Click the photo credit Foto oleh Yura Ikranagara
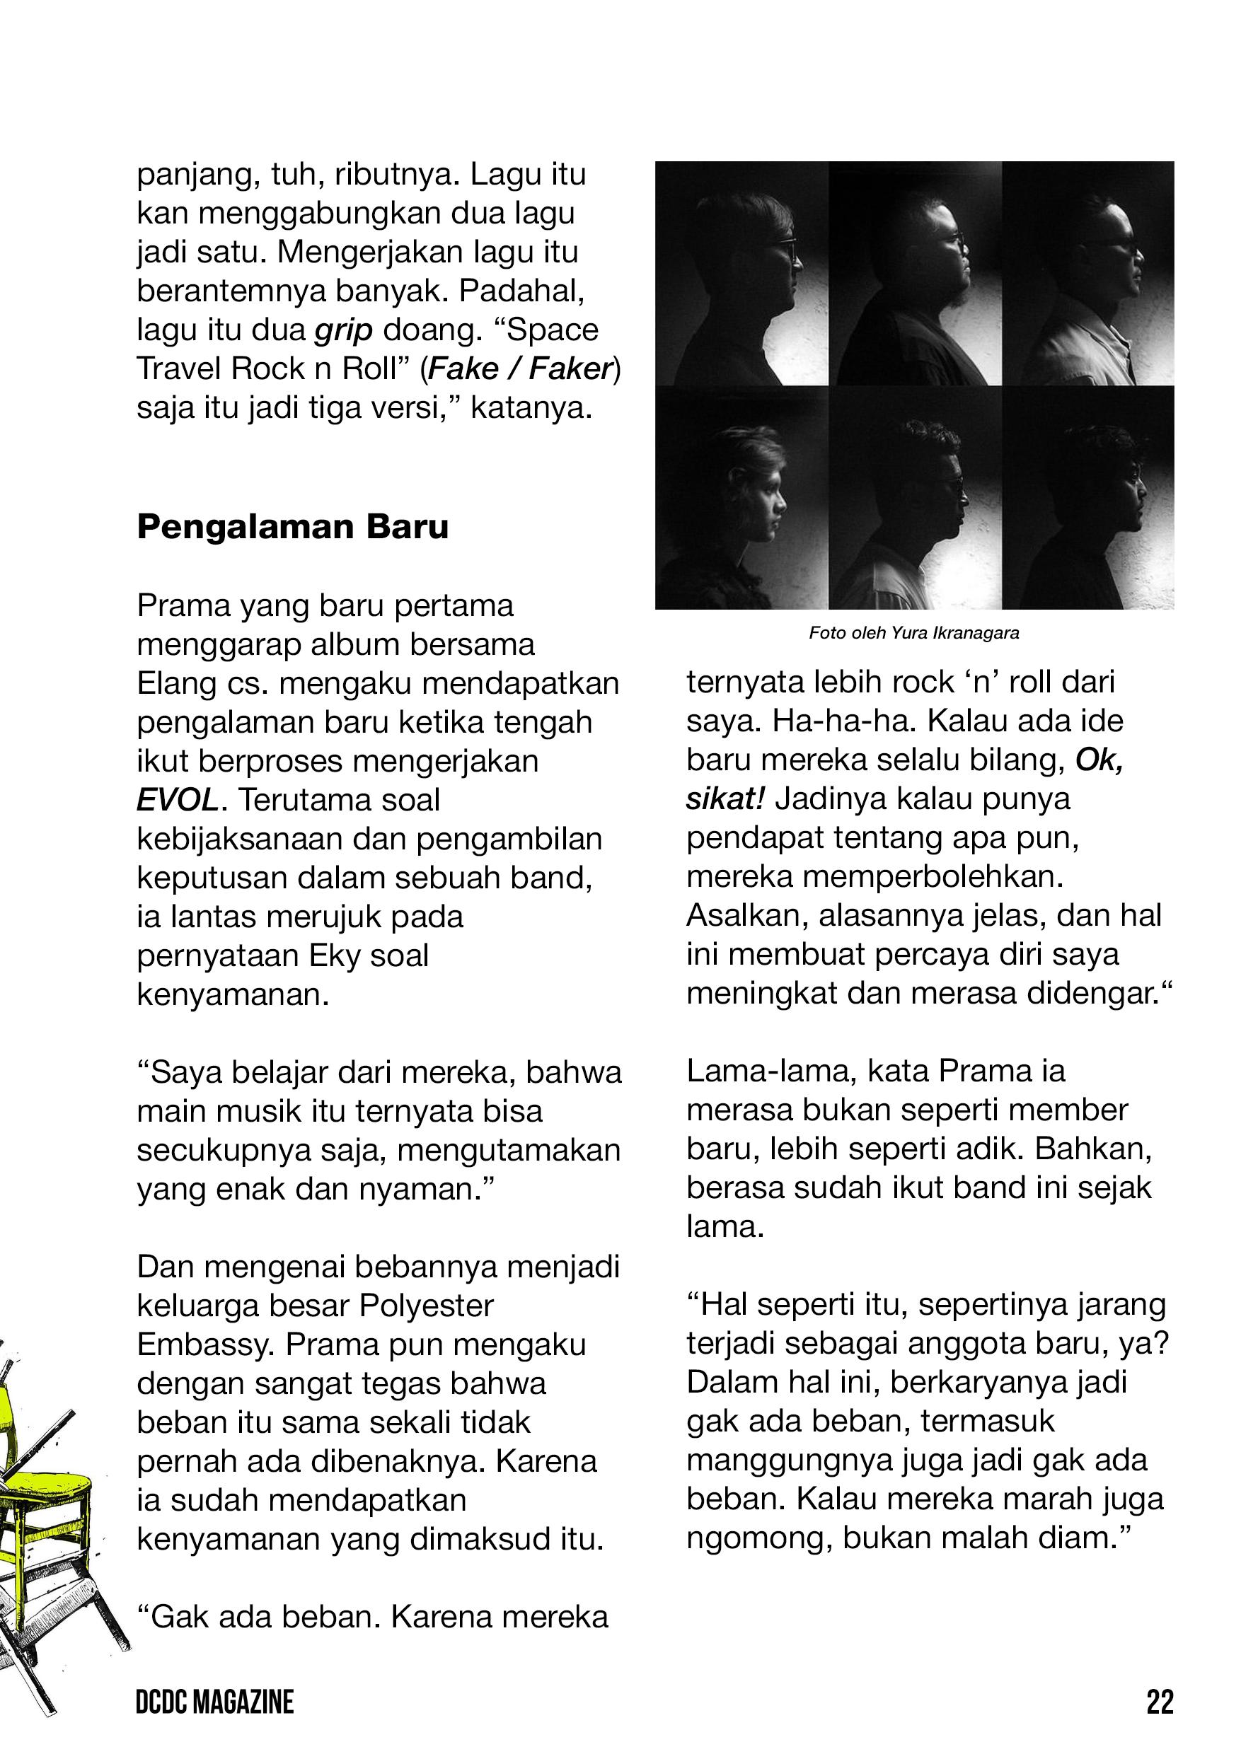914,633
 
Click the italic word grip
343,331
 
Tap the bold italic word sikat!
725,800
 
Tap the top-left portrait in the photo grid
742,274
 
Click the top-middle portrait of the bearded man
916,274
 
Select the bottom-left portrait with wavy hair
742,498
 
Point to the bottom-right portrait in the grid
1088,498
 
